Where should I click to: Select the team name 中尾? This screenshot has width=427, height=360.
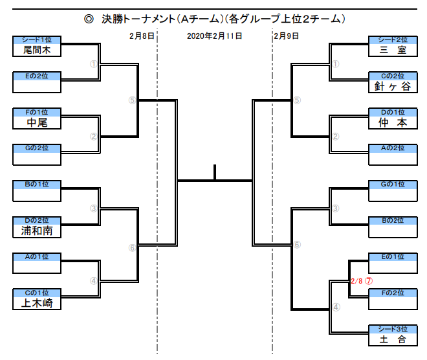[x=38, y=122]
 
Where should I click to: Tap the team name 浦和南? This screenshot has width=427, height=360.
[x=38, y=230]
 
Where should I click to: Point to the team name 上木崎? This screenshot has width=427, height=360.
[x=38, y=302]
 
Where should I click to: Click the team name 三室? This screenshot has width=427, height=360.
[x=392, y=49]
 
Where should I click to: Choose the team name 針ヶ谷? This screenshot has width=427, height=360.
[x=392, y=86]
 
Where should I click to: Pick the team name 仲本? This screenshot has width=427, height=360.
[x=392, y=122]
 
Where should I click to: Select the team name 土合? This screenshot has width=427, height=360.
[x=392, y=339]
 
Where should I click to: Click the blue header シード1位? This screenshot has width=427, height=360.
[x=38, y=39]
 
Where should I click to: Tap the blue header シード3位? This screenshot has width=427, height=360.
[x=392, y=329]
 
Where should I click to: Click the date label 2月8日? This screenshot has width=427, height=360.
[x=141, y=36]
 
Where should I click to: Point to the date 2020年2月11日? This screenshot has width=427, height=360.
[x=214, y=36]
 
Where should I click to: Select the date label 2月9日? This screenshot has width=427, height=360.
[x=287, y=36]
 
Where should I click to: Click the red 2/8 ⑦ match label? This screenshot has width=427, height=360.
[x=361, y=281]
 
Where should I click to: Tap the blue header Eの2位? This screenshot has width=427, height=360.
[x=38, y=76]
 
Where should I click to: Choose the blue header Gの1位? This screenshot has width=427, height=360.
[x=392, y=185]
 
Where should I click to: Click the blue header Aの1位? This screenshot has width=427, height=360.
[x=38, y=256]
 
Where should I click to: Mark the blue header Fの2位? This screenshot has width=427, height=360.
[x=392, y=293]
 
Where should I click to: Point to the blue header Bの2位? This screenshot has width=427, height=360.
[x=392, y=221]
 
